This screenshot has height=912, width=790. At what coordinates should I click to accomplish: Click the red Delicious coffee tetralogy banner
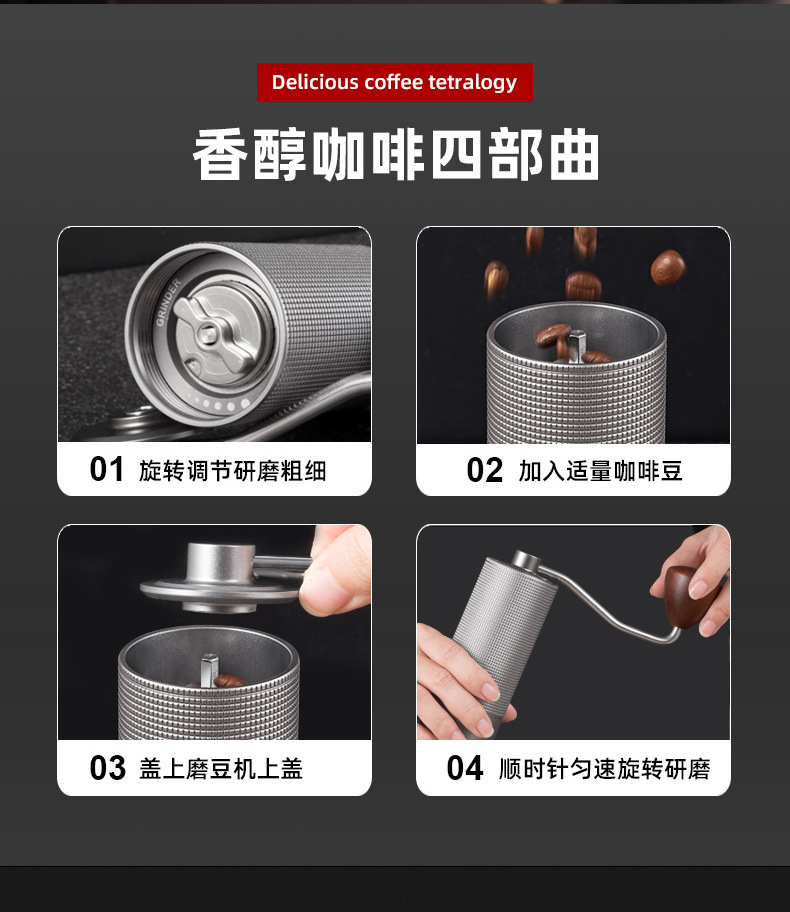[x=394, y=82]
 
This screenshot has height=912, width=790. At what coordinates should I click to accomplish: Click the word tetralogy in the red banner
[x=472, y=83]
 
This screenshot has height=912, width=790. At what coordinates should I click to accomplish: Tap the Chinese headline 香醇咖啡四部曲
[x=396, y=154]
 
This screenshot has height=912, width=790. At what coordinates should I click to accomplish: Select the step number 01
[x=106, y=469]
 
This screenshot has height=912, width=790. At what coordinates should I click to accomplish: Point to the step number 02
[x=484, y=470]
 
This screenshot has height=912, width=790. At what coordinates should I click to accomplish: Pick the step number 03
[x=108, y=768]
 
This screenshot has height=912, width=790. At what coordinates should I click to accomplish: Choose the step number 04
[x=465, y=768]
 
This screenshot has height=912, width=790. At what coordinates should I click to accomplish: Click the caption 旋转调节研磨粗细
[x=232, y=471]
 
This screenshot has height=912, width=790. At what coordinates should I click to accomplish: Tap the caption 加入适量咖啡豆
[x=600, y=471]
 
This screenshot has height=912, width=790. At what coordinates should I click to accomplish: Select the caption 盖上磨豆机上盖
[x=221, y=768]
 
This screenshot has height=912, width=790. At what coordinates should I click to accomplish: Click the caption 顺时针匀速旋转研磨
[x=604, y=768]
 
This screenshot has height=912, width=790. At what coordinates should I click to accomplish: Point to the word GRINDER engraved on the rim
[x=168, y=303]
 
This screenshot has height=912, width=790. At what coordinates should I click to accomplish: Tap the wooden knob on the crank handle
[x=689, y=597]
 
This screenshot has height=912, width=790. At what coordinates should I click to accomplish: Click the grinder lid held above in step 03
[x=224, y=578]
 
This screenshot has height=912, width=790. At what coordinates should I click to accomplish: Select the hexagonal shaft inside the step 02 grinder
[x=576, y=345]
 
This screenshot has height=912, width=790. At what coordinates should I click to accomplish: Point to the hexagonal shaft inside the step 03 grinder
[x=209, y=669]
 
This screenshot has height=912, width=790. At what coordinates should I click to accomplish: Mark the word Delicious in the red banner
[x=315, y=81]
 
